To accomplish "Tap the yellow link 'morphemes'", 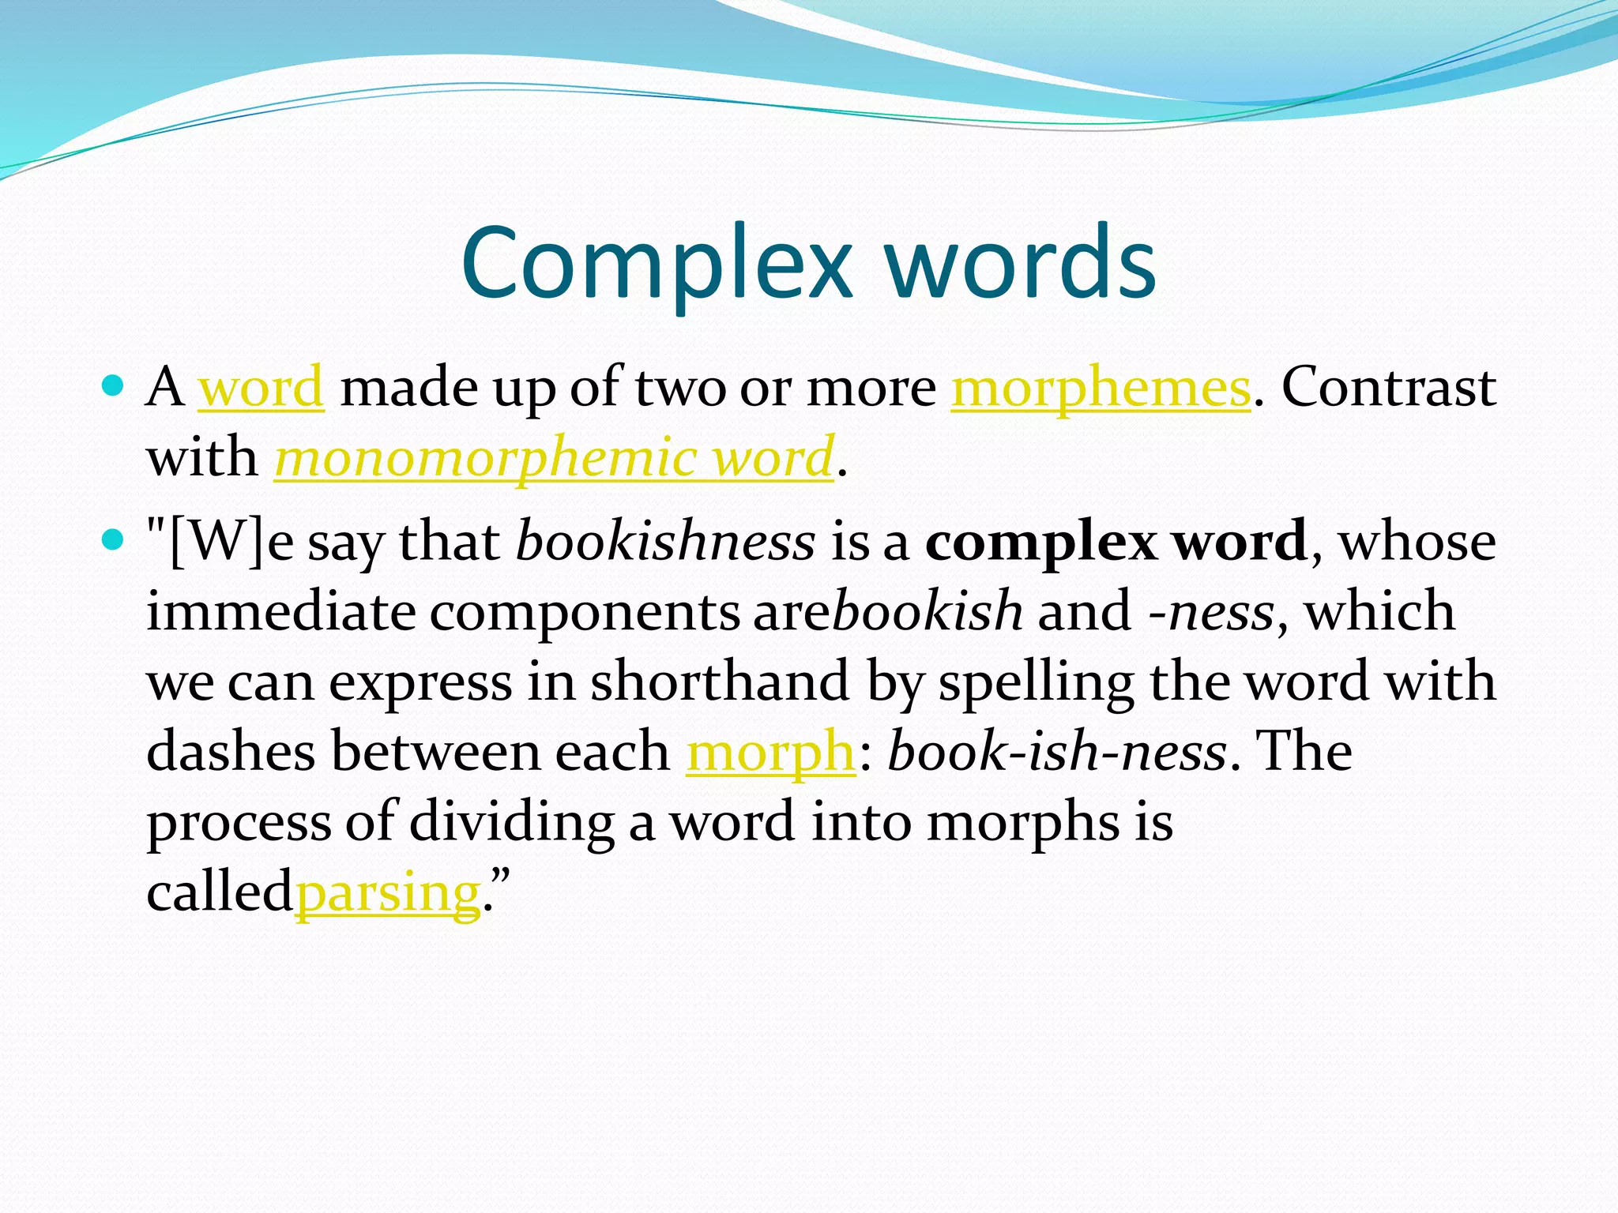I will point(1101,388).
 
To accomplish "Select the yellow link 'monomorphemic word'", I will point(554,457).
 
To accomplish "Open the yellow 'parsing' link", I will point(388,892).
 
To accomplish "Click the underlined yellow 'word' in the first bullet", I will point(260,388).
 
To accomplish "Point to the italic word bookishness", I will point(665,543).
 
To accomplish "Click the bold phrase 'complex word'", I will point(1116,543).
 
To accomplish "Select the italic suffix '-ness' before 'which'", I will point(1211,612).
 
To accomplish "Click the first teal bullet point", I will point(114,385).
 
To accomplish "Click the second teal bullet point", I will point(114,540).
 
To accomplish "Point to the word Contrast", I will point(1388,388).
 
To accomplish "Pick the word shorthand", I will point(720,682).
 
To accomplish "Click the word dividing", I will point(511,822).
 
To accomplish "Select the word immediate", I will point(280,612).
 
